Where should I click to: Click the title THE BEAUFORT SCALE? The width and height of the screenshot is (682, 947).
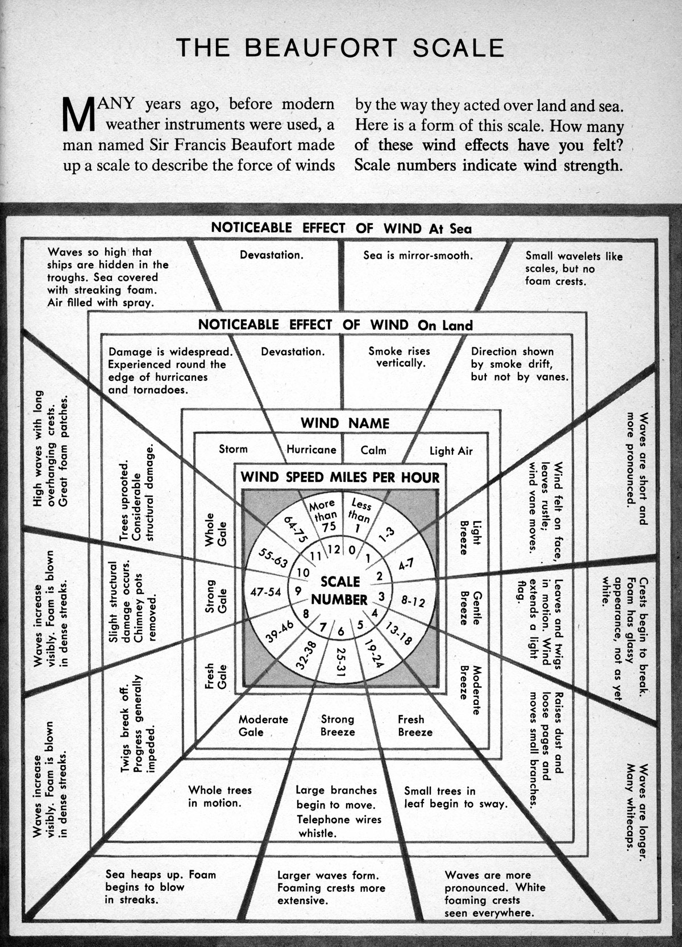pos(340,48)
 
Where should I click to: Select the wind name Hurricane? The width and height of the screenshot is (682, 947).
pos(311,449)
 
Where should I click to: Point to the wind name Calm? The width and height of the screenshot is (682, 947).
pos(373,450)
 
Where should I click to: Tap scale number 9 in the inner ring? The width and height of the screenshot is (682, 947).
pos(298,590)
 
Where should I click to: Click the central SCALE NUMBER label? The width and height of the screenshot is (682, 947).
pos(340,591)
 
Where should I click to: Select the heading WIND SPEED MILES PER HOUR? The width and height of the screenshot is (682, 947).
pos(340,477)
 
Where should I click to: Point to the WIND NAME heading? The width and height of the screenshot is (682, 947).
pos(344,423)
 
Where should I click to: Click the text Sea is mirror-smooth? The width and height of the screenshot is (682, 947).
pos(418,255)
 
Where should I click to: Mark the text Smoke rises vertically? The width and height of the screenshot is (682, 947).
pos(399,356)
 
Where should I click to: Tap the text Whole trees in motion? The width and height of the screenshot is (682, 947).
pos(219,796)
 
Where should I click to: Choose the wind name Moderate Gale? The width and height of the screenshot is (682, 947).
pos(263,725)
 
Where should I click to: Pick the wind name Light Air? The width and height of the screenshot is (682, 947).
pos(451,451)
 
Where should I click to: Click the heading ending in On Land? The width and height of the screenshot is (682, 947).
pos(335,325)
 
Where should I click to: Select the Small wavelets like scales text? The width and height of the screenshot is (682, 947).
pos(573,268)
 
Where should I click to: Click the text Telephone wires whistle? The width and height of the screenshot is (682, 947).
pos(339,826)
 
